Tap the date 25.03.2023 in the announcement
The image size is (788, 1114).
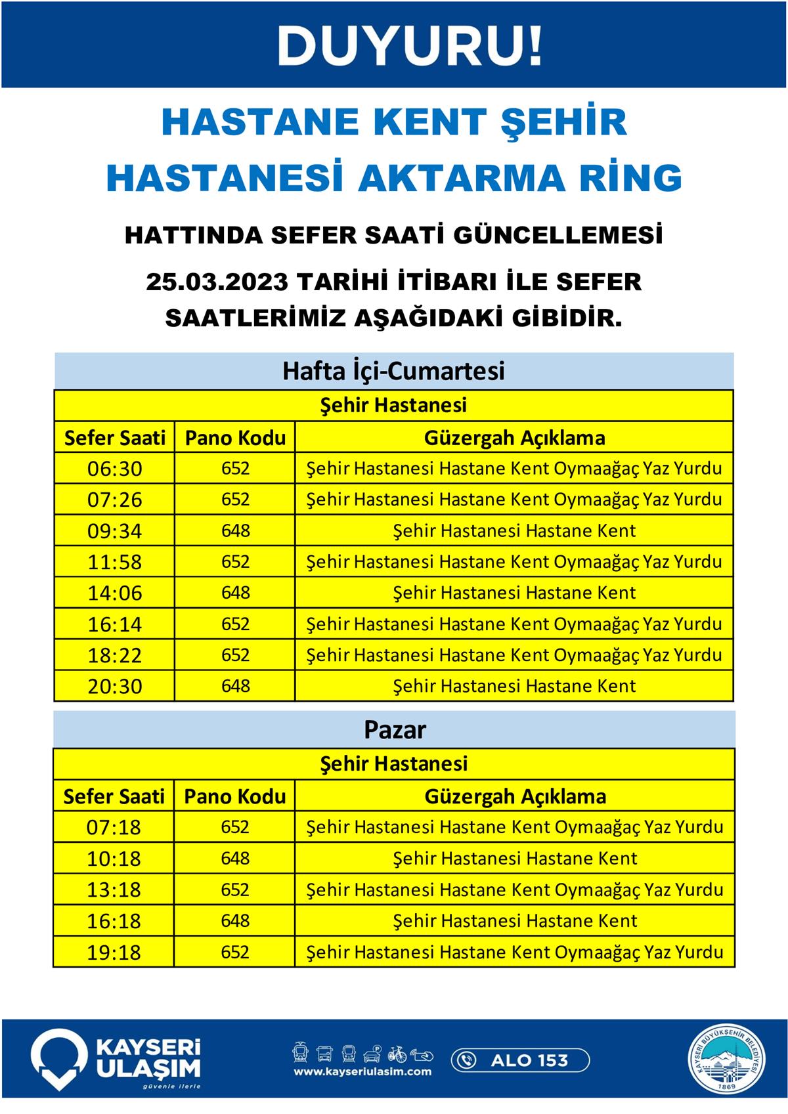217,282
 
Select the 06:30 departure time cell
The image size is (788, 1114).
114,469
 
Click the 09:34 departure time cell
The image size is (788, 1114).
114,530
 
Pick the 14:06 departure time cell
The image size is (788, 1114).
114,593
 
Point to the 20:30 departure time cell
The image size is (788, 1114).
114,687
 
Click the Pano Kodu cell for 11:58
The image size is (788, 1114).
235,562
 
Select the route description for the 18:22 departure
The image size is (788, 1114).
514,655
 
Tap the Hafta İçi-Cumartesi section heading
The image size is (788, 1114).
393,371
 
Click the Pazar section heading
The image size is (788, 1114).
395,730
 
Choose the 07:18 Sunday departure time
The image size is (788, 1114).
114,827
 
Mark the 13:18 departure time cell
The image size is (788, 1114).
114,890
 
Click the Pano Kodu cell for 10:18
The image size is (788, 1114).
235,859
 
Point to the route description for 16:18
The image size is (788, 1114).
515,921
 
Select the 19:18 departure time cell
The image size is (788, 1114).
114,953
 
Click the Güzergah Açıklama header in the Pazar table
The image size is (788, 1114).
515,796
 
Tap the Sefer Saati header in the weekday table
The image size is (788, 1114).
114,438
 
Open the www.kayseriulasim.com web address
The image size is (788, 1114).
362,1072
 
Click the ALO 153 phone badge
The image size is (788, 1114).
520,1060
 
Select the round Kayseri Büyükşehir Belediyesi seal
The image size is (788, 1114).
727,1060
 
